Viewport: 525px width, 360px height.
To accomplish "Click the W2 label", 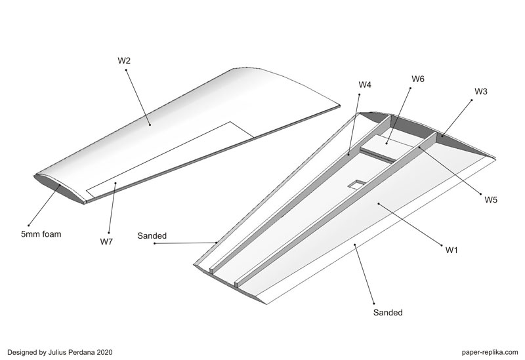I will pos(124,60).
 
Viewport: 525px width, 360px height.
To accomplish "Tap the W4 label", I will pos(365,85).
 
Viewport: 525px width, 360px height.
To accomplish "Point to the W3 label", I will pos(480,92).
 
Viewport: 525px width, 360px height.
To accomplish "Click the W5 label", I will pos(491,199).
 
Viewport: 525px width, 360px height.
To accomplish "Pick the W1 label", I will pos(451,249).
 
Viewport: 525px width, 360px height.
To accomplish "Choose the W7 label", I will pos(106,241).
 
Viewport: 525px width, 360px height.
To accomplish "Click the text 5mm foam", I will pos(41,233).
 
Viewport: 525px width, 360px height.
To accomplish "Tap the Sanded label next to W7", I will pos(152,235).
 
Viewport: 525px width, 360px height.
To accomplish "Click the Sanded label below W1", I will pos(388,313).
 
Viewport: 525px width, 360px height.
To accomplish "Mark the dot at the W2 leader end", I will pos(150,123).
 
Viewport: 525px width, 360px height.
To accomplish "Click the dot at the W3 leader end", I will pos(441,136).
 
